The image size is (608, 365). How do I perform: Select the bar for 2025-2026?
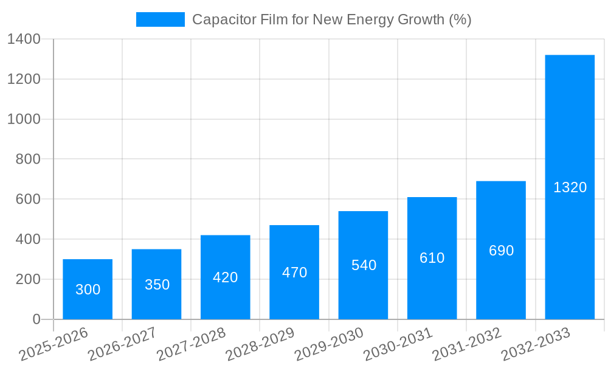(88, 289)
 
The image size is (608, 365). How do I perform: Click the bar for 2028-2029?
(294, 272)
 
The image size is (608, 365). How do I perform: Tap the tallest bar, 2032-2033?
(570, 187)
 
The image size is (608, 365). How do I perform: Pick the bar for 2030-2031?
(432, 258)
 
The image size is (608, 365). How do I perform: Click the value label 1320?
(570, 187)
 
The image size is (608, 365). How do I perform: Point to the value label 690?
(501, 251)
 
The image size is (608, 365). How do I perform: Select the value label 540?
(364, 265)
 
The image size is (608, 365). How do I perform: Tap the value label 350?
(157, 285)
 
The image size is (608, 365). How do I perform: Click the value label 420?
(226, 277)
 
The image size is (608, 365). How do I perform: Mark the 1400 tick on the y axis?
(24, 40)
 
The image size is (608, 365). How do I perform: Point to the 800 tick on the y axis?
(28, 159)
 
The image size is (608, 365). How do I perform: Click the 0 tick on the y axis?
(36, 319)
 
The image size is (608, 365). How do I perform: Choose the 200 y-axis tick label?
(28, 279)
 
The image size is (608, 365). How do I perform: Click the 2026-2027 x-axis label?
(122, 344)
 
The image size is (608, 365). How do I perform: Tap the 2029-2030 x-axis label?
(329, 344)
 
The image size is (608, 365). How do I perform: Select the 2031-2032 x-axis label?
(466, 344)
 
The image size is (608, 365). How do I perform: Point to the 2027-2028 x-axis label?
(191, 344)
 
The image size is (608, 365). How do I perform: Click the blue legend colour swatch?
(160, 19)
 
